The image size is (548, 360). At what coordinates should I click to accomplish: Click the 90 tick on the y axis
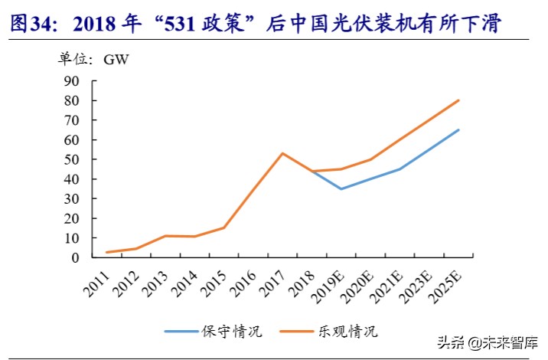71,80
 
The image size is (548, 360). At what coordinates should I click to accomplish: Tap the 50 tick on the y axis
71,159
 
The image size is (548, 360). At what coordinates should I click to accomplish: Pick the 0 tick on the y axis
75,258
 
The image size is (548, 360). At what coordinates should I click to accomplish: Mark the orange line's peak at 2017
282,153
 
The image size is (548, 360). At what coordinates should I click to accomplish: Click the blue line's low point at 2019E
341,188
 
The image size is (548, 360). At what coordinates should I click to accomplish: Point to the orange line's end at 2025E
459,100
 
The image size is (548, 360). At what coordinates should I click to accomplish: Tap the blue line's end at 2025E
459,129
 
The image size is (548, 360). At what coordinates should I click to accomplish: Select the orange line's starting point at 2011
106,252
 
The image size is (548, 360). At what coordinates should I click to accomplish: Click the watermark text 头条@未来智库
488,342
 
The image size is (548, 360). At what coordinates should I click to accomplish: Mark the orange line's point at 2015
223,227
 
